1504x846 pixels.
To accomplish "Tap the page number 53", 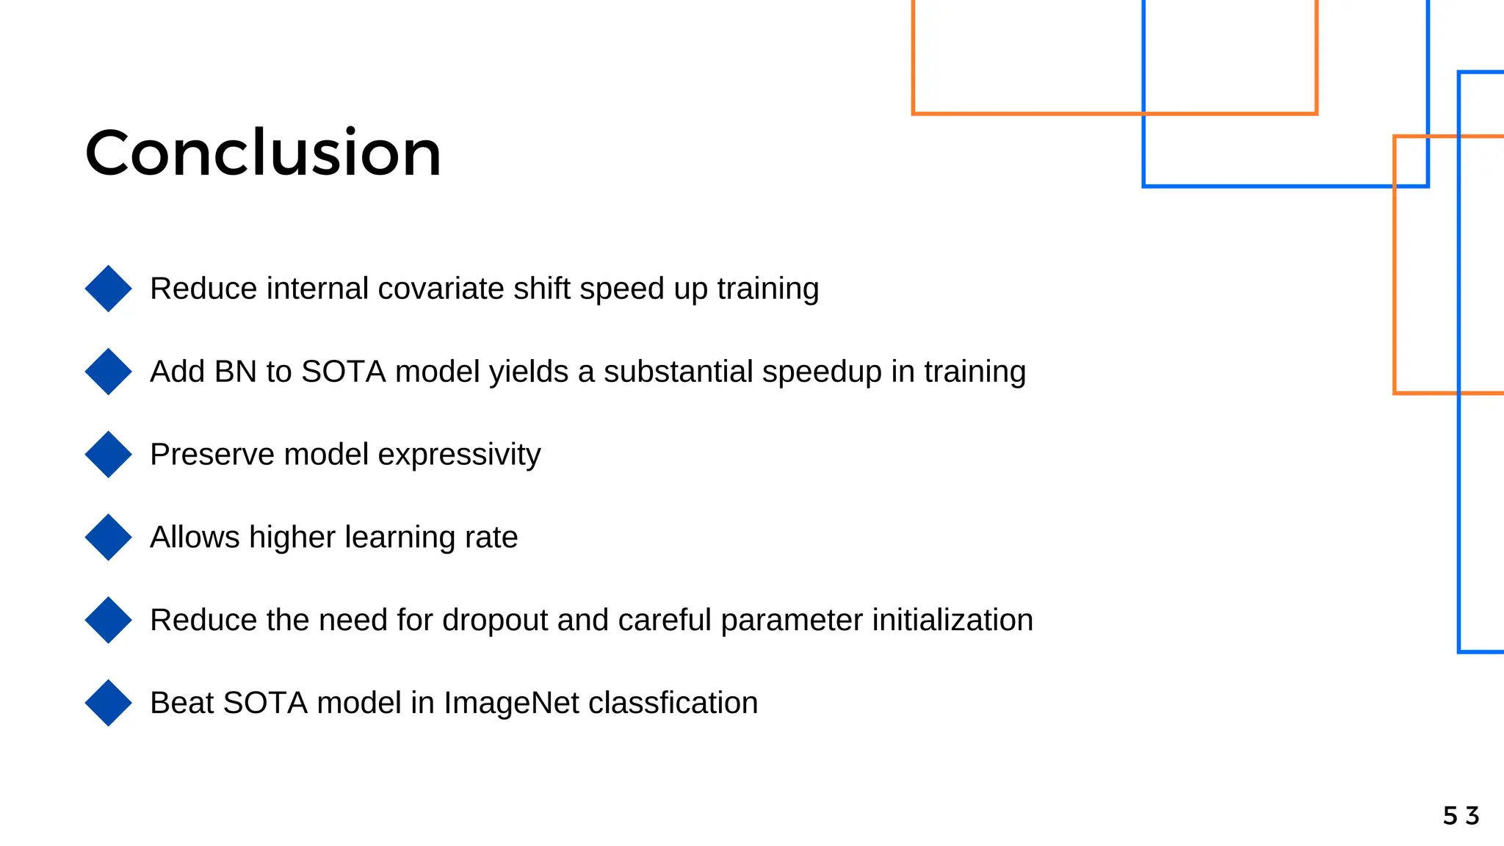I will tap(1461, 816).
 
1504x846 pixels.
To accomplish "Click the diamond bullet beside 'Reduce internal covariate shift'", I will tap(108, 289).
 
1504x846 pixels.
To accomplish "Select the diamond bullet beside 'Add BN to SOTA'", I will tap(108, 372).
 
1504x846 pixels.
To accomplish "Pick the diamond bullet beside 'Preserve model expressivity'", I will tap(108, 455).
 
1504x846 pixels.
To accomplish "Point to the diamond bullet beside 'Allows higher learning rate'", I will tap(108, 538).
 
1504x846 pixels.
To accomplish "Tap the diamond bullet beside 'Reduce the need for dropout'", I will tap(108, 621).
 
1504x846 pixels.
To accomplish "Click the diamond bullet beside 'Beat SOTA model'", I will tap(108, 703).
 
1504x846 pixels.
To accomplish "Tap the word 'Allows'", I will tap(195, 538).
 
